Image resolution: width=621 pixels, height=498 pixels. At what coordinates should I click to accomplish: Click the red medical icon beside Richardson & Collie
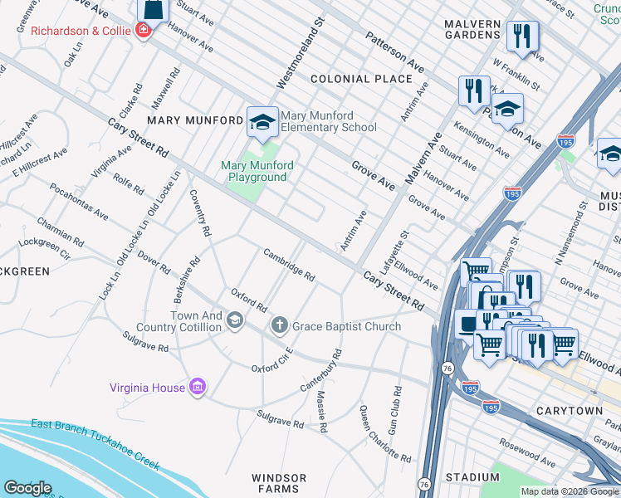[144, 31]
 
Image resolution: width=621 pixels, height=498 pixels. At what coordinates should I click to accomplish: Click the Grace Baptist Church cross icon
[280, 326]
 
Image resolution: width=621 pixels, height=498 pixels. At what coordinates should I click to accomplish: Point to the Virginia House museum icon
[198, 387]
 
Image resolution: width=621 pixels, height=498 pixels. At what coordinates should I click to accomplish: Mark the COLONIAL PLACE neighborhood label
[361, 79]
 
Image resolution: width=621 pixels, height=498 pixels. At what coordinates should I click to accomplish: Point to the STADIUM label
[472, 477]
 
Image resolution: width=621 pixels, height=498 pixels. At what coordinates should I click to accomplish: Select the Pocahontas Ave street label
[78, 202]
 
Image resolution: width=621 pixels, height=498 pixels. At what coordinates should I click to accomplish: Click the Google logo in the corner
[27, 488]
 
